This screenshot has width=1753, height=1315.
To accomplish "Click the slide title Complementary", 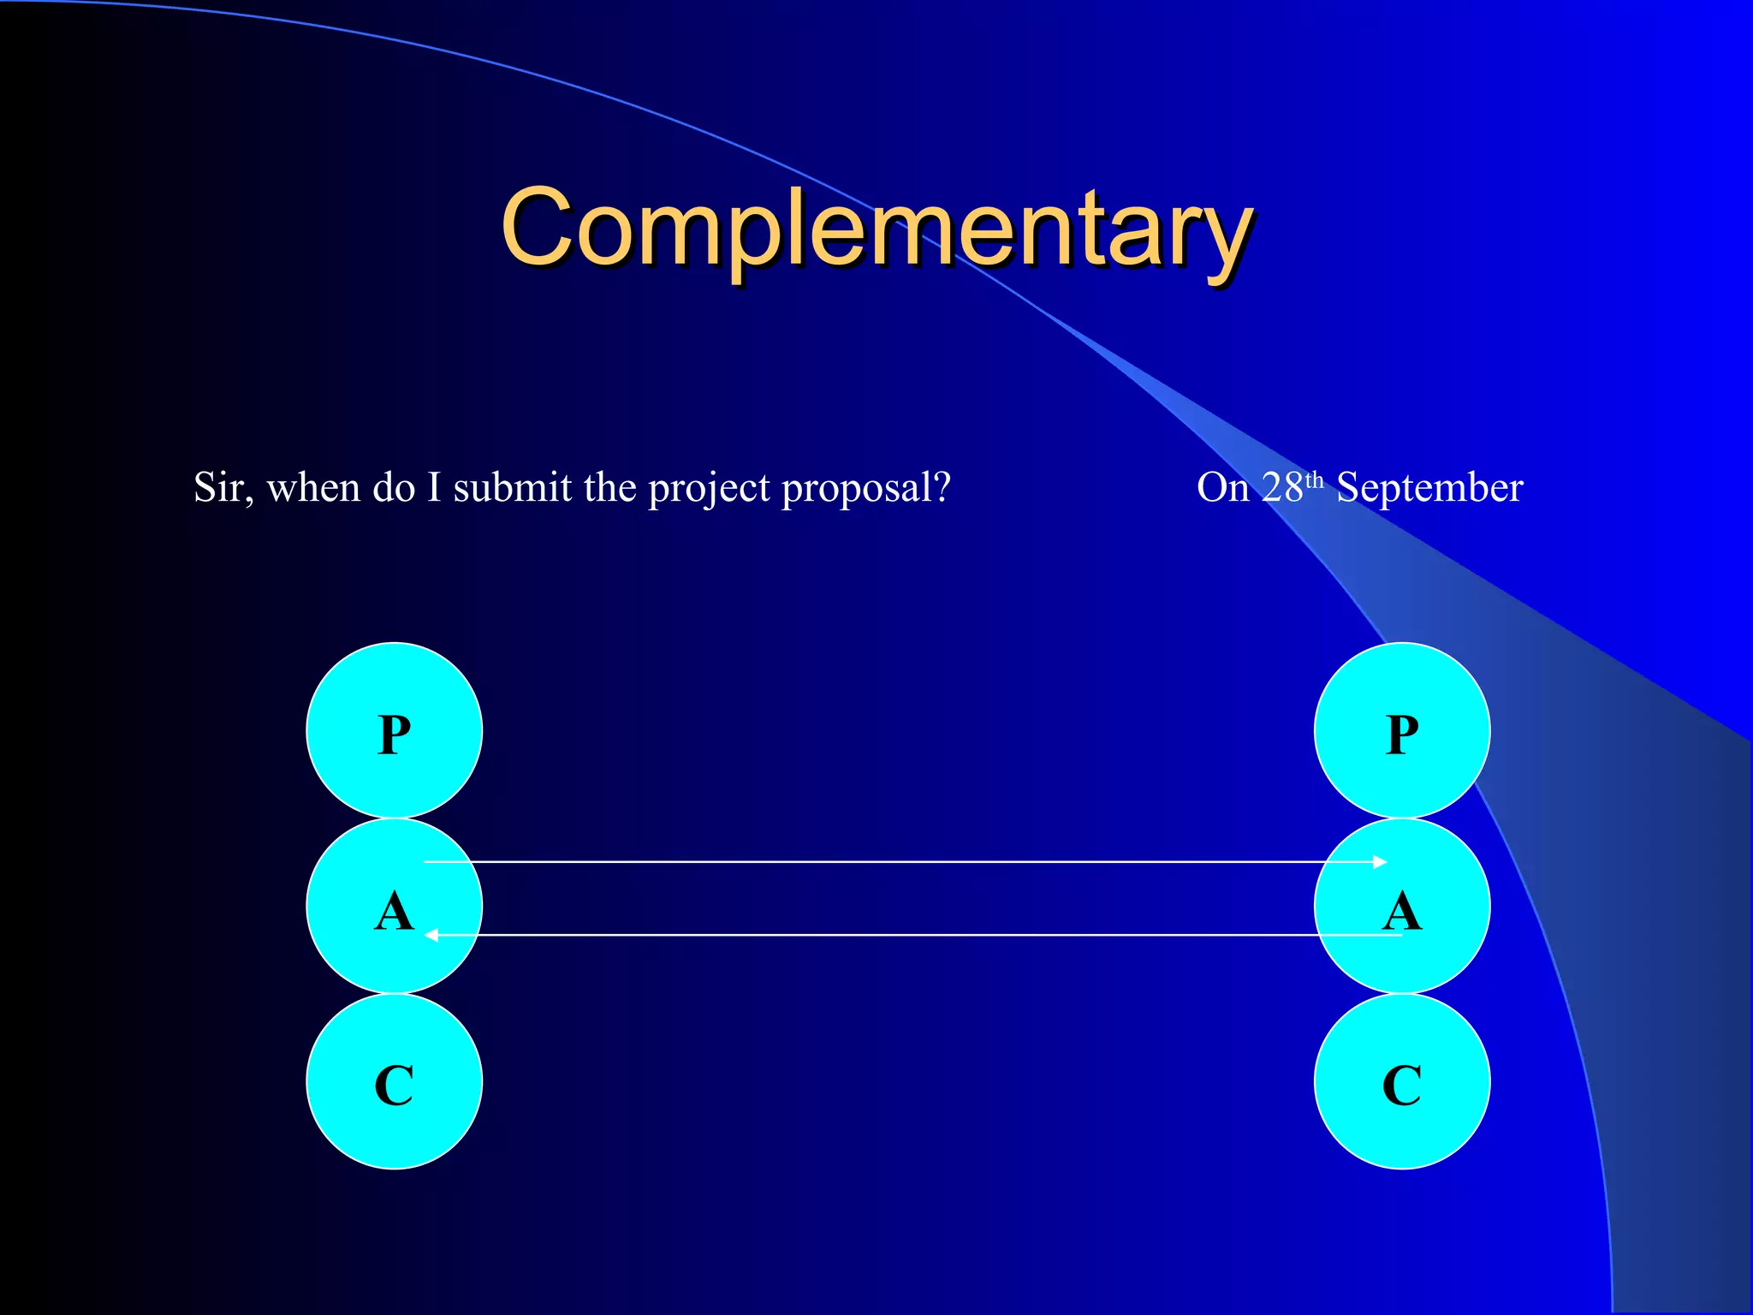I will tap(876, 228).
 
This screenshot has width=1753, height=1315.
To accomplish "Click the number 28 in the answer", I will tap(1282, 488).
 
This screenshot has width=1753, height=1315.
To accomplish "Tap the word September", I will tap(1429, 488).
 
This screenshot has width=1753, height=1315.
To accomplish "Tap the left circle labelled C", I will tap(395, 1082).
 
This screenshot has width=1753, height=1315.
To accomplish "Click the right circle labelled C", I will tap(1402, 1082).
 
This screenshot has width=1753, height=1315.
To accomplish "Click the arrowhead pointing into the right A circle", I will tap(1379, 862).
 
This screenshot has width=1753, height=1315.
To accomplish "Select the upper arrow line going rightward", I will tap(899, 862).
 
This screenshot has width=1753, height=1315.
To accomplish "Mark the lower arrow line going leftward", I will tap(899, 935).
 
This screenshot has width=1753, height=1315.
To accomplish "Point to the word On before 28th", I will tap(1222, 488).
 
